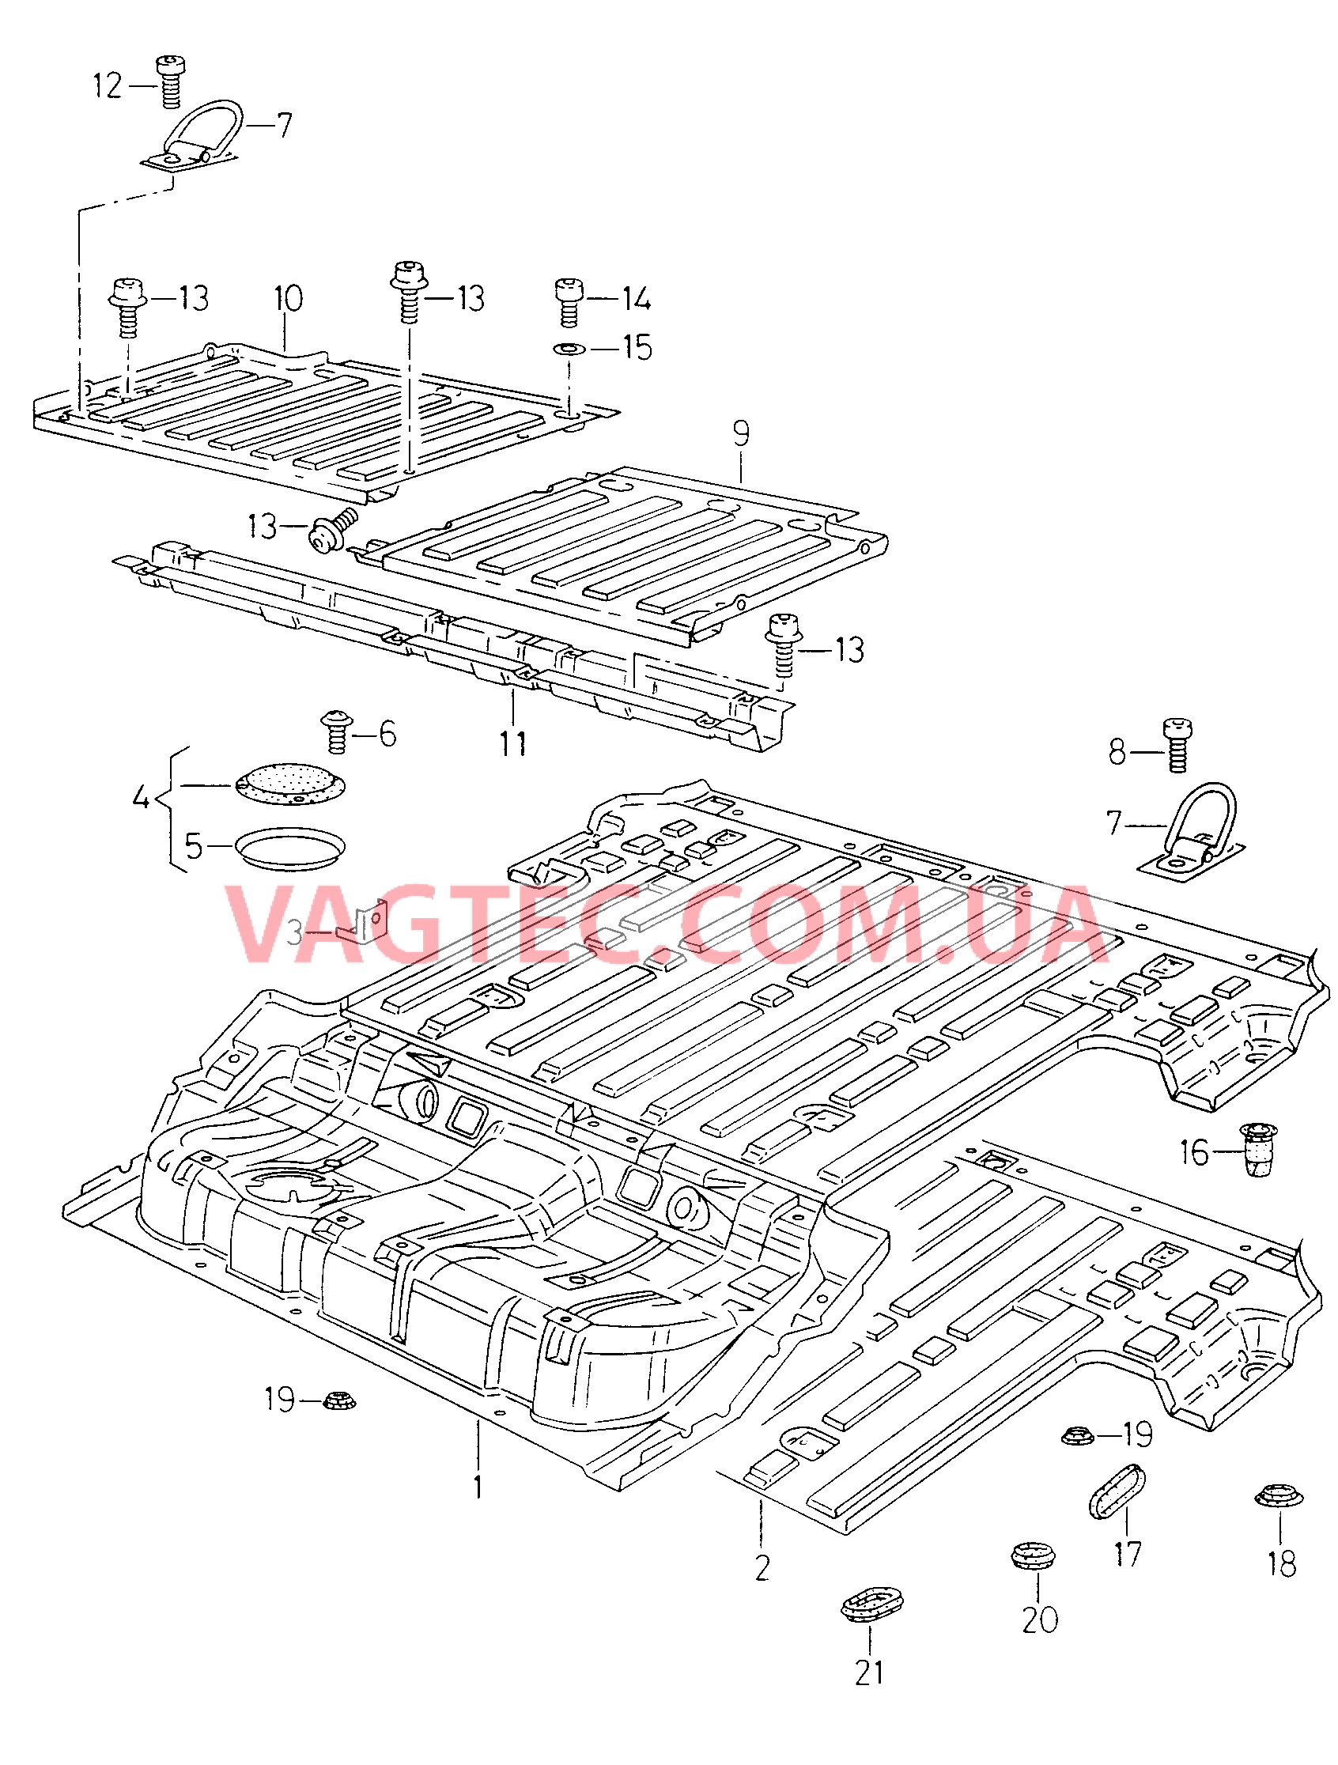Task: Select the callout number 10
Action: pyautogui.click(x=288, y=299)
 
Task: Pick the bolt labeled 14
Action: pyautogui.click(x=567, y=300)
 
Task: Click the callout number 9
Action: pyautogui.click(x=741, y=435)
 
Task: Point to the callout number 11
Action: pyautogui.click(x=513, y=743)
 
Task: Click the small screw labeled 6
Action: pyautogui.click(x=338, y=731)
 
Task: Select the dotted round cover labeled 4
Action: pyautogui.click(x=291, y=784)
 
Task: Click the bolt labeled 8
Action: pyautogui.click(x=1176, y=745)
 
